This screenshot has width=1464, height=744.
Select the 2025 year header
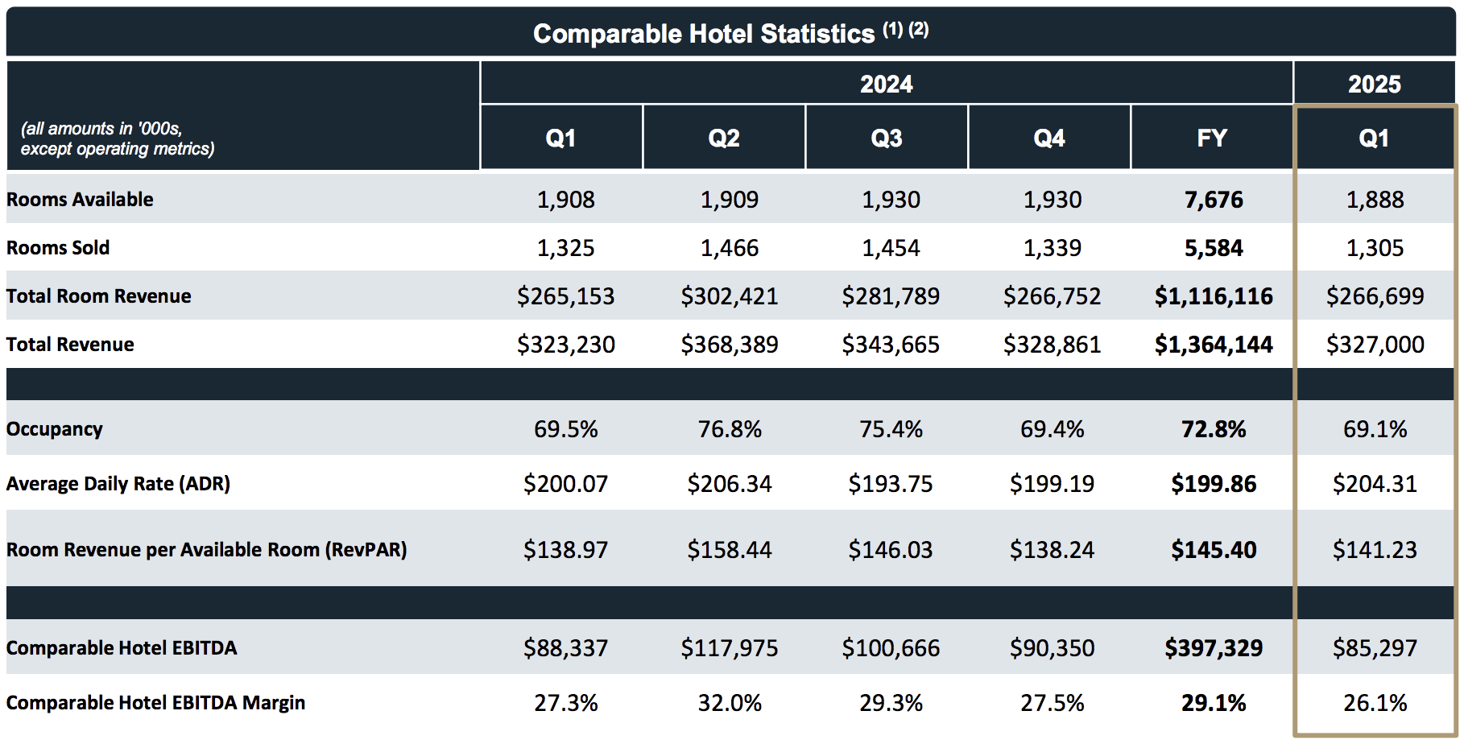pos(1374,84)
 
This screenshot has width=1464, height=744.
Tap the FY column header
pos(1211,138)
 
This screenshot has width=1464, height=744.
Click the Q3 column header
pos(886,138)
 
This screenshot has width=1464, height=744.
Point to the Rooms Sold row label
pos(58,248)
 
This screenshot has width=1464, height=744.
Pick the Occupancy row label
pos(55,429)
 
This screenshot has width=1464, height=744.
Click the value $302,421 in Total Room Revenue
pos(729,296)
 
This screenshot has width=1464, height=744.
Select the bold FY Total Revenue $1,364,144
pos(1213,345)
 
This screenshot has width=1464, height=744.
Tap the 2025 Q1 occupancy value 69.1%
pos(1375,429)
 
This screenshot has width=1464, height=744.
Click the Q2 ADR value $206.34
pos(729,484)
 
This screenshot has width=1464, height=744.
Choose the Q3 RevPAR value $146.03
pos(890,550)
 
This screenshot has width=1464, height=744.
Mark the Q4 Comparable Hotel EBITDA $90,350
pos(1052,648)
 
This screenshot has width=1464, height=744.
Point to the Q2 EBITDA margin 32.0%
pos(729,703)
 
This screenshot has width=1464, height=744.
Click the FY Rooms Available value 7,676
pos(1213,200)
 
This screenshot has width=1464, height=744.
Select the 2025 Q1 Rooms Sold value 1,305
pos(1375,248)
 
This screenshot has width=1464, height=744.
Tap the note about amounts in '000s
pos(118,138)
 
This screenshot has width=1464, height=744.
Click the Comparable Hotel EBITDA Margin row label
pos(155,703)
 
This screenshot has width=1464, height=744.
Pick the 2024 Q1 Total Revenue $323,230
pos(565,345)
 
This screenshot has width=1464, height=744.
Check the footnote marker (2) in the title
pos(919,30)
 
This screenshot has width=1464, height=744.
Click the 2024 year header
pos(886,84)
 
